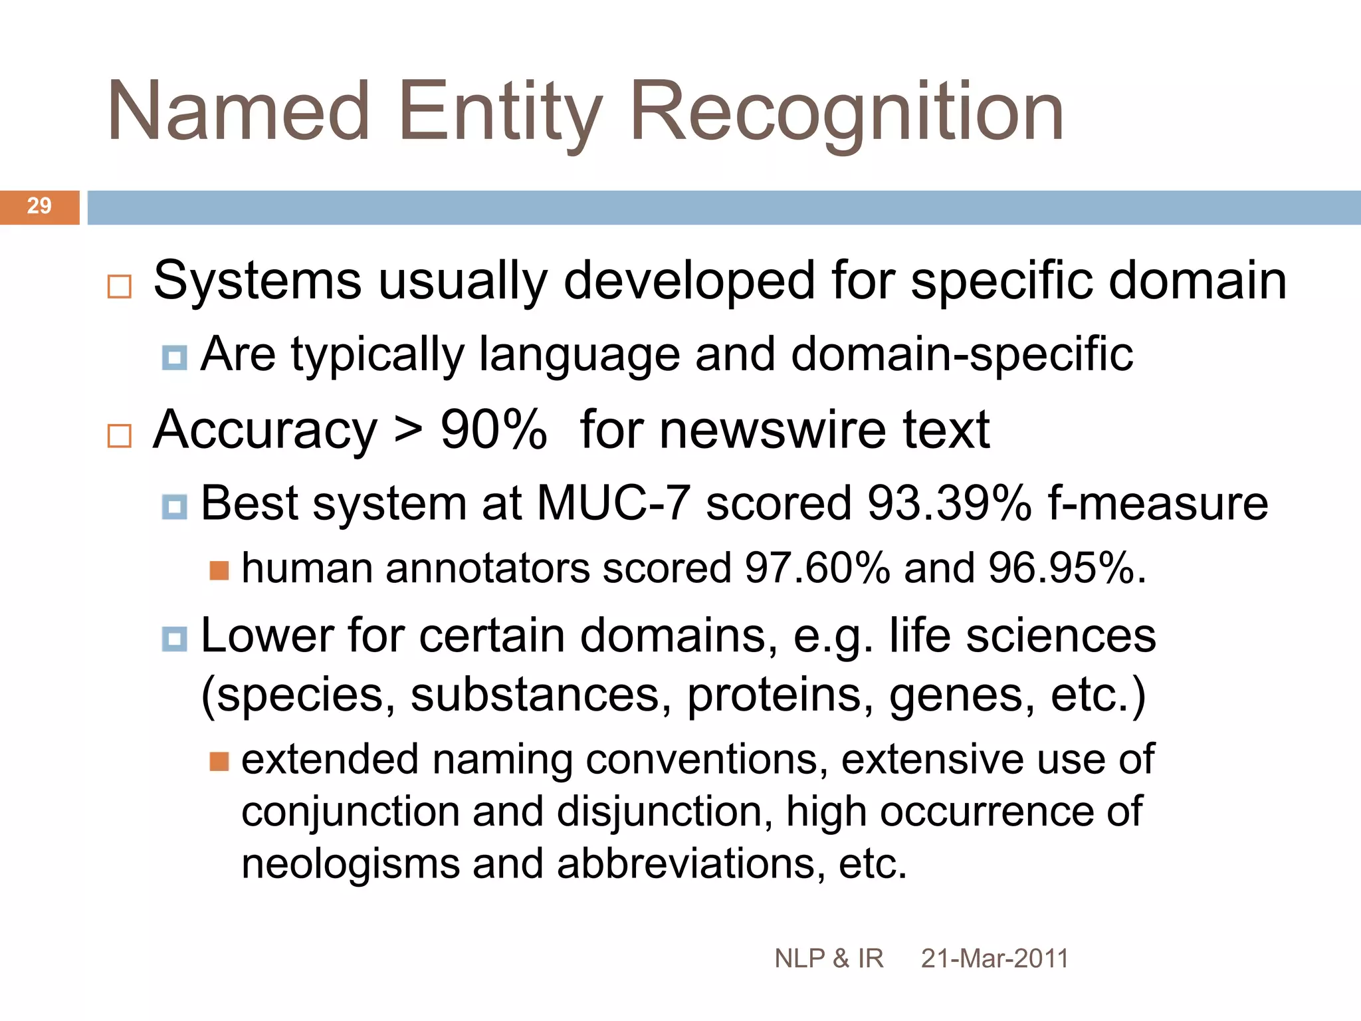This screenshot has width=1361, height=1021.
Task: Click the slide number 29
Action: (39, 206)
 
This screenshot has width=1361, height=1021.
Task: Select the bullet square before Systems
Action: (120, 286)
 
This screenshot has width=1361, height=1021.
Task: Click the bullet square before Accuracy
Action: (120, 436)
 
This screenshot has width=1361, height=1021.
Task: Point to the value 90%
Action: (493, 430)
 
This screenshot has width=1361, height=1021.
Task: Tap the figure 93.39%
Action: (949, 503)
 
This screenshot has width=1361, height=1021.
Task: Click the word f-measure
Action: (1158, 503)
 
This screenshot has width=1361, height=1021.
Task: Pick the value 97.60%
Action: (817, 568)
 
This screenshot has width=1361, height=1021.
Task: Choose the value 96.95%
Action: (1067, 568)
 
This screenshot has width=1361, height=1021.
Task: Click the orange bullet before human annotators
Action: (219, 570)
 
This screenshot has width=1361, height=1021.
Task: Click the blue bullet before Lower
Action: (175, 639)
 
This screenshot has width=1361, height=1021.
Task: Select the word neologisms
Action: (350, 864)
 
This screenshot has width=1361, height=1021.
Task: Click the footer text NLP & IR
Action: (829, 959)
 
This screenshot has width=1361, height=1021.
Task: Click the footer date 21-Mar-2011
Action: (994, 959)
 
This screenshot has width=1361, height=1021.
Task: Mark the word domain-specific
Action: (962, 354)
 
